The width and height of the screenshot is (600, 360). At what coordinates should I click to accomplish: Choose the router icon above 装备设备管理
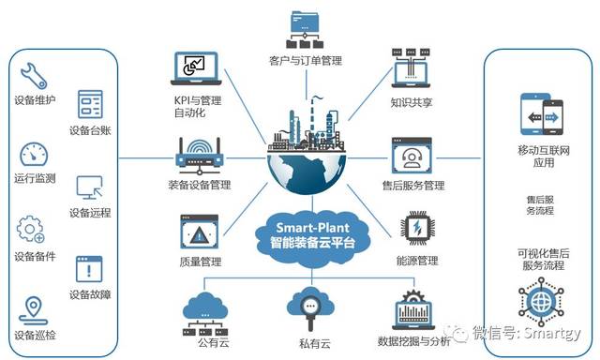(198, 150)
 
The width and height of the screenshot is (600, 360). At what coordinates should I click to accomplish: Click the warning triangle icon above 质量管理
(198, 231)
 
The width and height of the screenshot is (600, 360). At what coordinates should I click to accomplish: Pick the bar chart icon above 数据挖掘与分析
(412, 309)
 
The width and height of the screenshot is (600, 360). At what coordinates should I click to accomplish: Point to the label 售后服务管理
(412, 186)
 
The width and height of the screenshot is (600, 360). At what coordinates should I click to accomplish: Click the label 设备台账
(91, 130)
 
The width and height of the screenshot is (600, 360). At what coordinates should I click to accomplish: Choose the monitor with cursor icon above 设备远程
(91, 187)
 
